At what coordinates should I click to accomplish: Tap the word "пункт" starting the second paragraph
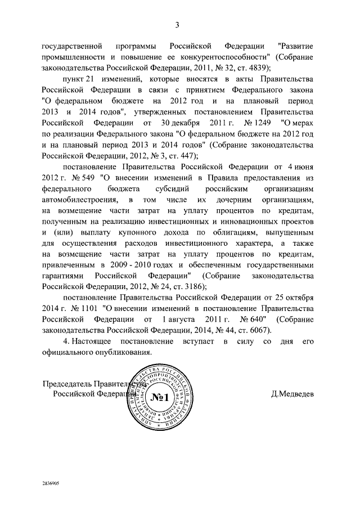pyautogui.click(x=73, y=81)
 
